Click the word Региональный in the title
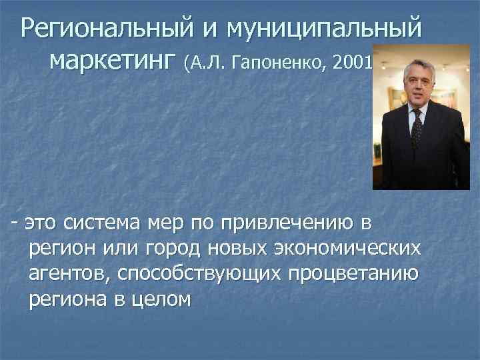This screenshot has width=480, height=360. point(107,29)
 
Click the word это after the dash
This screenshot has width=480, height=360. point(44,222)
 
